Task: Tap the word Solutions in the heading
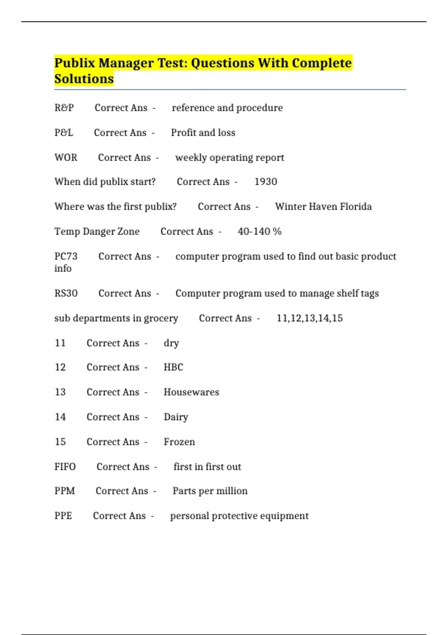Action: pyautogui.click(x=84, y=79)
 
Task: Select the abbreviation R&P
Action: pyautogui.click(x=64, y=108)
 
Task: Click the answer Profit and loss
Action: pyautogui.click(x=203, y=133)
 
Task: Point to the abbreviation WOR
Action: pyautogui.click(x=66, y=157)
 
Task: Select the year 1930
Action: pyautogui.click(x=266, y=182)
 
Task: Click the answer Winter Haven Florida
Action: pyautogui.click(x=323, y=207)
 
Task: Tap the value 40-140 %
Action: pyautogui.click(x=259, y=232)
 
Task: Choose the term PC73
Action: pyautogui.click(x=66, y=256)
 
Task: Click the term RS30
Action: pyautogui.click(x=66, y=293)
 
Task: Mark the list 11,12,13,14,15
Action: pyautogui.click(x=309, y=318)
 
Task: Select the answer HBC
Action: pyautogui.click(x=174, y=367)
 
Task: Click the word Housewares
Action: pyautogui.click(x=192, y=392)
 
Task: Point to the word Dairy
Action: pyautogui.click(x=176, y=417)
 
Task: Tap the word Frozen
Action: pyautogui.click(x=179, y=442)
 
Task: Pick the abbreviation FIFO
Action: pyautogui.click(x=65, y=467)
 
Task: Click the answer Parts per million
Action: pyautogui.click(x=210, y=491)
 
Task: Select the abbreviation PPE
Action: pyautogui.click(x=63, y=516)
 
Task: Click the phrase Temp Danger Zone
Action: pyautogui.click(x=97, y=232)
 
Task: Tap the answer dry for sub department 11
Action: pyautogui.click(x=171, y=343)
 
